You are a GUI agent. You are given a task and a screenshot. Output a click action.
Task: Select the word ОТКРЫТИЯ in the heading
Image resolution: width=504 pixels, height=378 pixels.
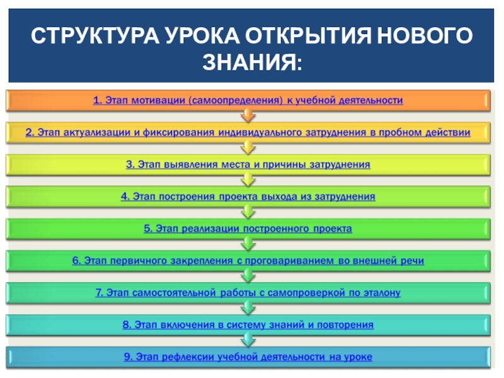click(307, 37)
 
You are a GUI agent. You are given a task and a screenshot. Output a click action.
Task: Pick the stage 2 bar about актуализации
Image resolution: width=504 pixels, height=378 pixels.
click(248, 132)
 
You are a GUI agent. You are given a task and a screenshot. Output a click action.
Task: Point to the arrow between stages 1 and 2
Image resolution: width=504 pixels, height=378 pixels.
click(248, 117)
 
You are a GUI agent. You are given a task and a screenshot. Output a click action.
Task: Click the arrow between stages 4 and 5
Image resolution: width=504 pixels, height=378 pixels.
click(248, 213)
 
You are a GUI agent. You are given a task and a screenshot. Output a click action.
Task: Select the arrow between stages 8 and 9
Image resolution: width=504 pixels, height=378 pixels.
click(248, 341)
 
